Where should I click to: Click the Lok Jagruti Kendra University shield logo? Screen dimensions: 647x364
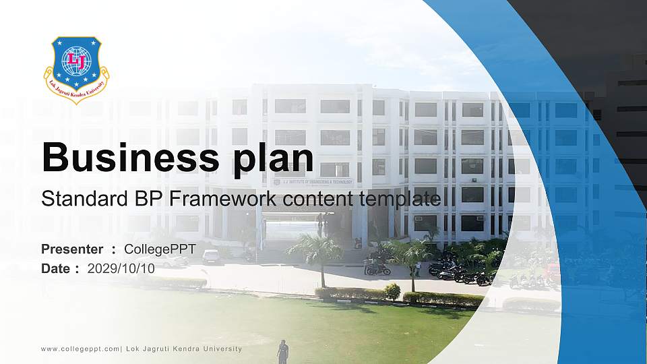coord(76,69)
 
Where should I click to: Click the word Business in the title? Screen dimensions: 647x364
coord(130,157)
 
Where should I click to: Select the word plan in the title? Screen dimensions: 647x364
coord(273,159)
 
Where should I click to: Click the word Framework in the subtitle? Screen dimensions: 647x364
coord(223,198)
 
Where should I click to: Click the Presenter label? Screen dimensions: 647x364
coord(72,249)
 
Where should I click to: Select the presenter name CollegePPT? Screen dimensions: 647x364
coord(160,249)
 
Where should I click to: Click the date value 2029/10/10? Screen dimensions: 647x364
coord(121,268)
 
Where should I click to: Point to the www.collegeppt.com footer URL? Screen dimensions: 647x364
coord(80,348)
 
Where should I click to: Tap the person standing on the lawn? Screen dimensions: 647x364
coord(282,352)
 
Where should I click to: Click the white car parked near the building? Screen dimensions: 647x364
coord(211,257)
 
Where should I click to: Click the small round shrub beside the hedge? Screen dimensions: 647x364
coord(392,291)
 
